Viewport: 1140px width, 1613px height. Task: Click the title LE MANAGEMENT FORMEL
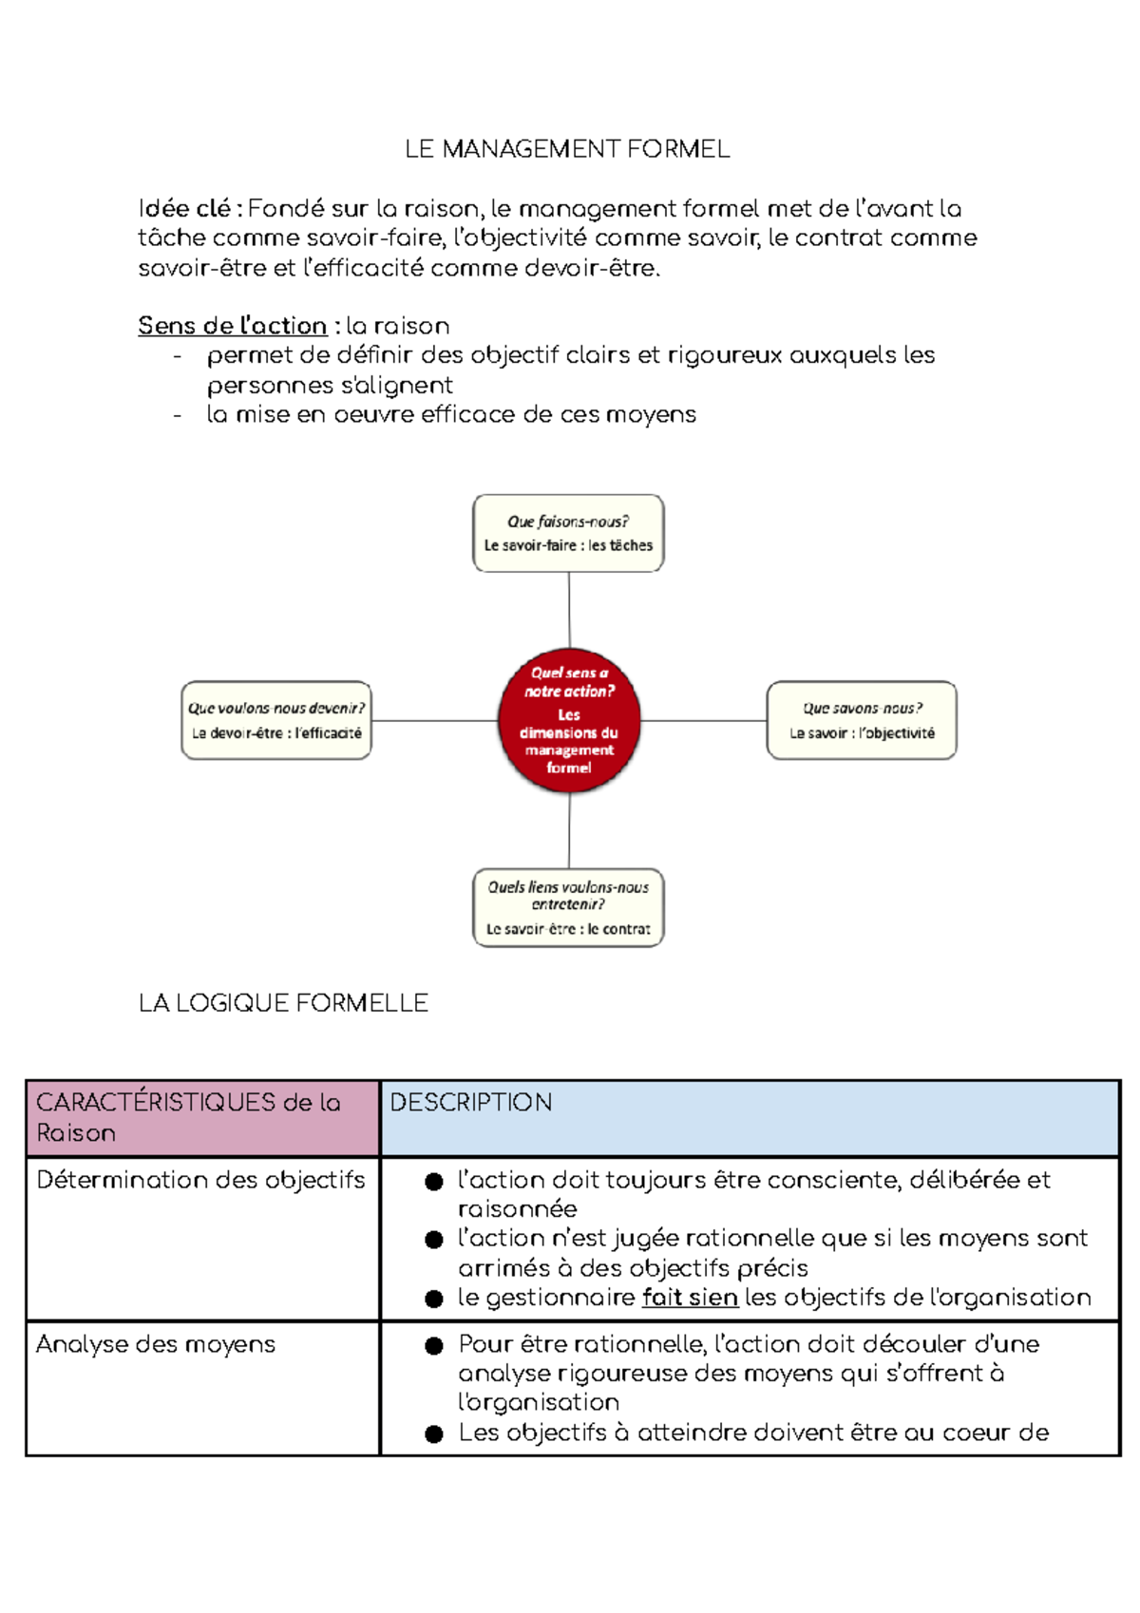click(x=567, y=149)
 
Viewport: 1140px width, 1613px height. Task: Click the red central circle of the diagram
click(x=569, y=720)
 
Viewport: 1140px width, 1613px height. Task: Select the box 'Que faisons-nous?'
click(x=568, y=533)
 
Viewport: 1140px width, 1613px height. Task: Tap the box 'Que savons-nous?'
click(x=862, y=720)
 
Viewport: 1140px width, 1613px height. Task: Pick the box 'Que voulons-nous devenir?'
click(x=276, y=720)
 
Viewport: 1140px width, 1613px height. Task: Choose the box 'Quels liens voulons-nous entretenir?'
click(x=568, y=907)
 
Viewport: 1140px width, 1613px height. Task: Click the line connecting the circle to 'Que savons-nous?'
click(x=703, y=721)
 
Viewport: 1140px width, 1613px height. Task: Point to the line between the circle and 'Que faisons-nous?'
click(x=569, y=608)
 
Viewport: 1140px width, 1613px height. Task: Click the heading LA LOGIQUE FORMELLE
click(x=283, y=1003)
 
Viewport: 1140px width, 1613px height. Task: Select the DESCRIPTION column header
click(x=471, y=1103)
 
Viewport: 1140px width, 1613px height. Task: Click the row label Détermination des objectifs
click(x=200, y=1180)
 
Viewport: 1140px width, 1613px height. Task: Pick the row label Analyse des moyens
click(x=156, y=1344)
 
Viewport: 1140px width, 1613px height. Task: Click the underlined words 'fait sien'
click(x=690, y=1298)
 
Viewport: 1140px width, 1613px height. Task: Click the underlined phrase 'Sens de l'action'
click(x=232, y=326)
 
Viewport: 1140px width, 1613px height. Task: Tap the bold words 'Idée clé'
click(x=184, y=209)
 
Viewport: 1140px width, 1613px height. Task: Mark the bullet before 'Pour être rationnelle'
click(x=434, y=1346)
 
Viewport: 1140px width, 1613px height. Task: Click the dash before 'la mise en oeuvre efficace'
click(x=178, y=415)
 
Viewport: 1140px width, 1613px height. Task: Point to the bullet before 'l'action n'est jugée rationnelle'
click(x=434, y=1240)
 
